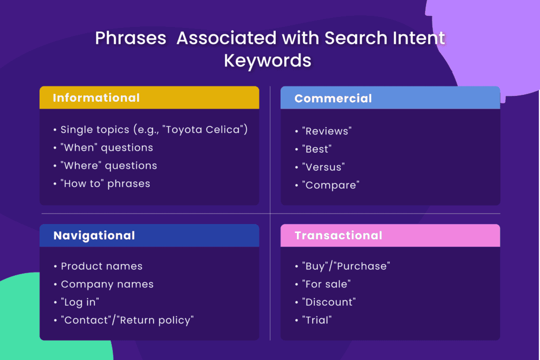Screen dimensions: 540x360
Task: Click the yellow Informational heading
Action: click(x=96, y=98)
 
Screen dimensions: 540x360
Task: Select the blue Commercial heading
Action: click(x=333, y=99)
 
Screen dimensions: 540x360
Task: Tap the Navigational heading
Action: click(x=94, y=236)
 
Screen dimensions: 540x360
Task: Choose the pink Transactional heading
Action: click(x=338, y=236)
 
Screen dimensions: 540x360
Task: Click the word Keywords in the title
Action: click(x=267, y=61)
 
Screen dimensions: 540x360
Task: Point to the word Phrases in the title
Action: click(x=131, y=38)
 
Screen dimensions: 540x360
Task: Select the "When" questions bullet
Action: click(x=107, y=148)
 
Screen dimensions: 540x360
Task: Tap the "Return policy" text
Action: click(x=156, y=320)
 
